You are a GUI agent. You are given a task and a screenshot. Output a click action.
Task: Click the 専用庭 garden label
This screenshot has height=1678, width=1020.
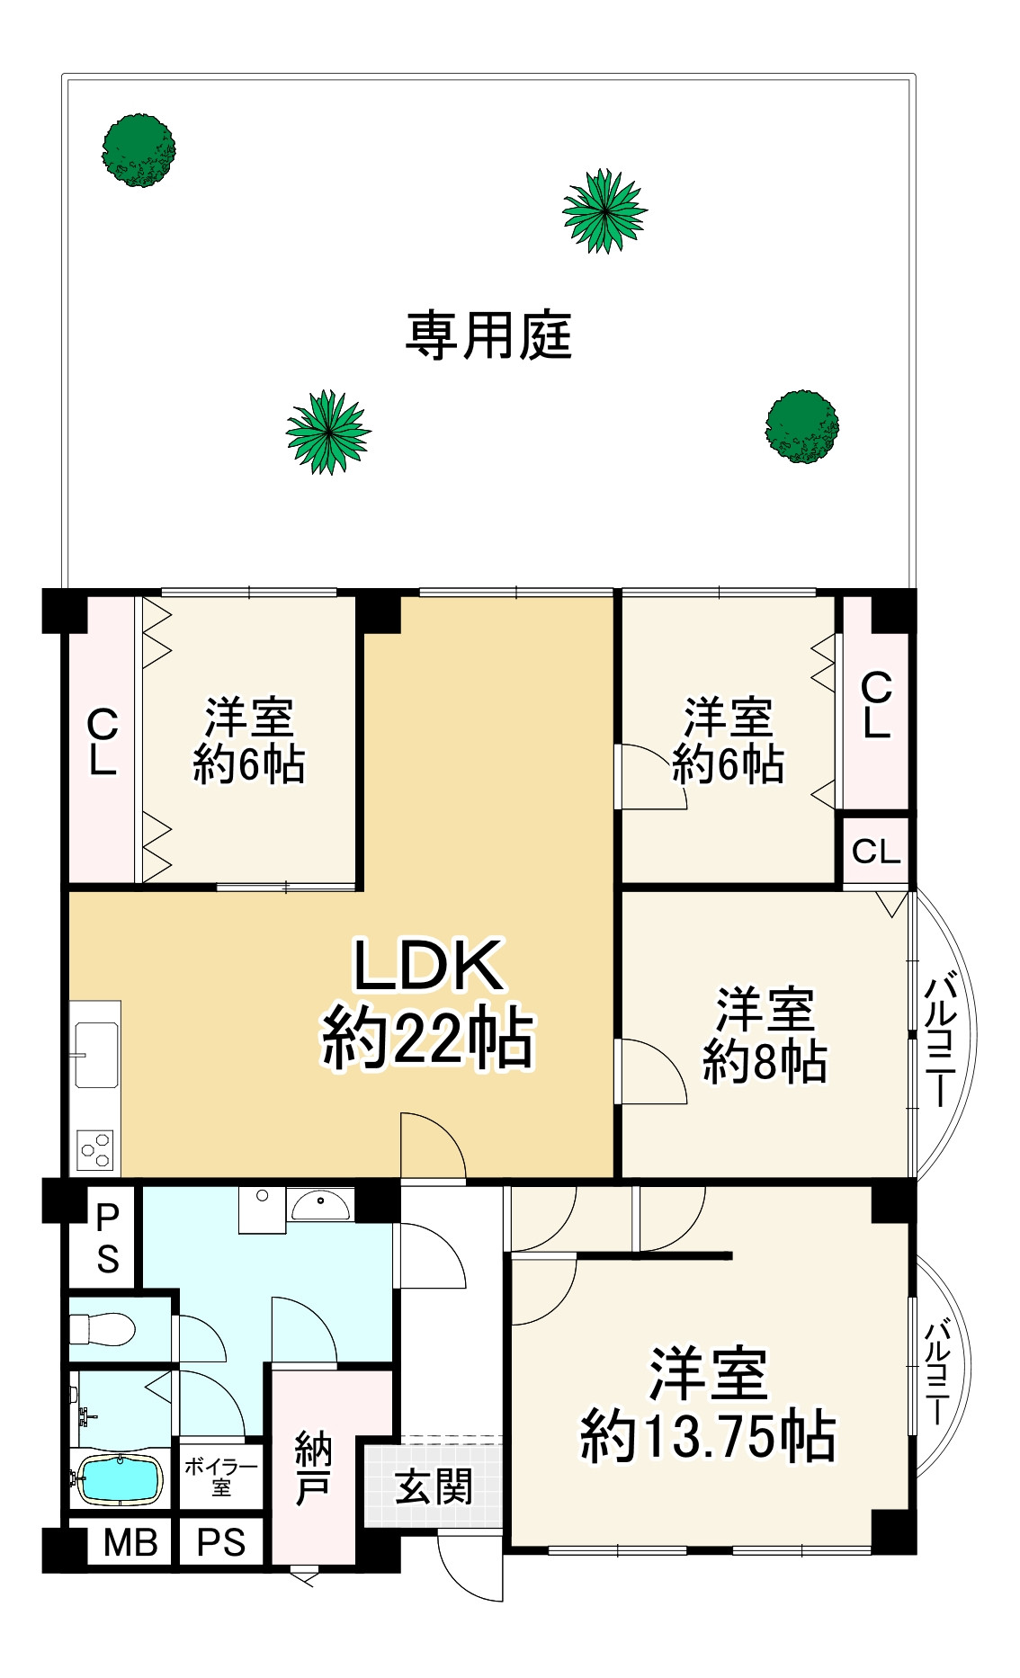coord(488,335)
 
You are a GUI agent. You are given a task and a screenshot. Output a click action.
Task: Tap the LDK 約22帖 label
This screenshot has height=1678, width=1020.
coord(428,1003)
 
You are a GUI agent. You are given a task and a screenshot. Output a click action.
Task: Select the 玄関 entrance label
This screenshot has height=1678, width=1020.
coord(434,1486)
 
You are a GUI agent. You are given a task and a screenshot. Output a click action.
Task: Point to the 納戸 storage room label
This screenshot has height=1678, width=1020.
coord(313,1468)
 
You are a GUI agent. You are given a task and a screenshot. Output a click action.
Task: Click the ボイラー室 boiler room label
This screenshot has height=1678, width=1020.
coord(220,1477)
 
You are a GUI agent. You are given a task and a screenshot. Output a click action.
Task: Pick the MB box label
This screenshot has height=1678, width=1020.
coord(130,1542)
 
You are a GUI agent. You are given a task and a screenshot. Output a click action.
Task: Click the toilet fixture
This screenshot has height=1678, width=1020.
coord(102,1327)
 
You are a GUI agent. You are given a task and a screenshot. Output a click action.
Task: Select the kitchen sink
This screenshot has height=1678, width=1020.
coord(95,1054)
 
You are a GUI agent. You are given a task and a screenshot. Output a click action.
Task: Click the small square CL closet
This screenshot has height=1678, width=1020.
coord(876,851)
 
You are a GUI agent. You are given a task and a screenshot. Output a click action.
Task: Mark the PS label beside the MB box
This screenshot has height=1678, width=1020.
coord(221,1542)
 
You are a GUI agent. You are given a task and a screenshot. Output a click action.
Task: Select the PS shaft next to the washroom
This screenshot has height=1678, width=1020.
coord(107,1237)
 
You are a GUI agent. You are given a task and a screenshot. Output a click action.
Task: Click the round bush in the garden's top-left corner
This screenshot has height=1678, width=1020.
coord(139,150)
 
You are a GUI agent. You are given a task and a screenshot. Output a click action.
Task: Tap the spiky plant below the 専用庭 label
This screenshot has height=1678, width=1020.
coord(328,432)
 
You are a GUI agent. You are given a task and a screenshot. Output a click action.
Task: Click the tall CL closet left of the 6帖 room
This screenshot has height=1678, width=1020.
coord(103,740)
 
